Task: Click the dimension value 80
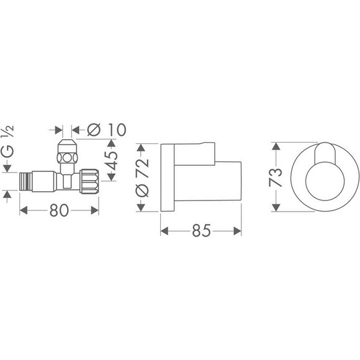pos(59,210)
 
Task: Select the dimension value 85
pos(201,230)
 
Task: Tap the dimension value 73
pos(276,178)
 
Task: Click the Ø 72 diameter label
pos(142,177)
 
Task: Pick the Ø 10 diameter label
pos(107,130)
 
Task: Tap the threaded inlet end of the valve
pos(25,182)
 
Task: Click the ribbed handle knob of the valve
pos(89,181)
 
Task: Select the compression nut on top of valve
pos(67,151)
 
